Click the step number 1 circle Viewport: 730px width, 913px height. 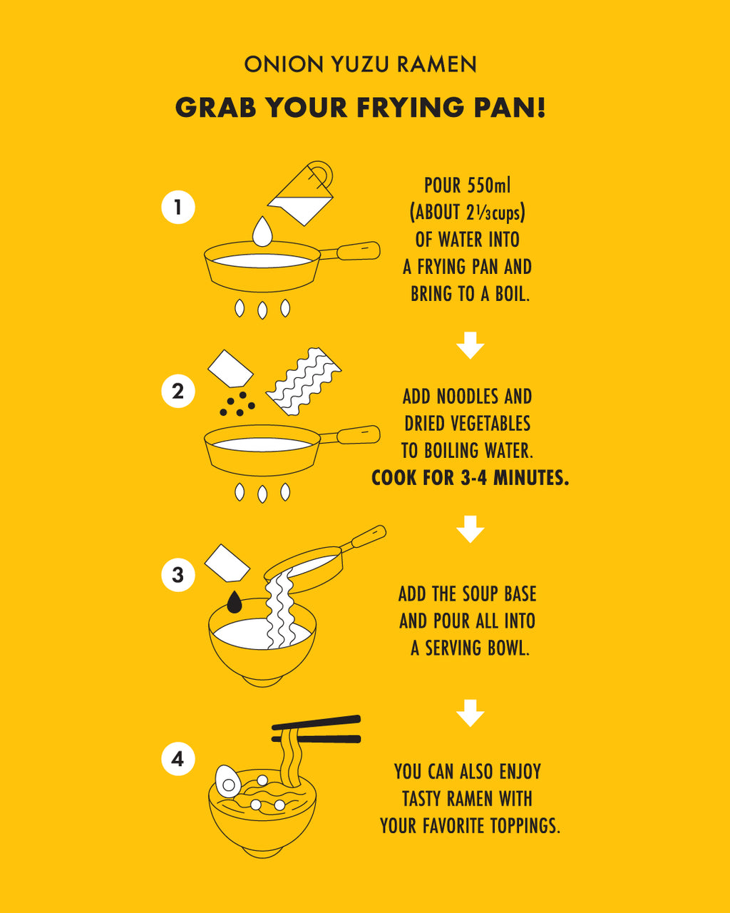coord(178,207)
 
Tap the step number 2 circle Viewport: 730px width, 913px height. coord(178,391)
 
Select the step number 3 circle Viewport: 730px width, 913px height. coord(178,575)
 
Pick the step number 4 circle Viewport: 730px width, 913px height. coord(178,758)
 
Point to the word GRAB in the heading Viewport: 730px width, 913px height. coord(215,107)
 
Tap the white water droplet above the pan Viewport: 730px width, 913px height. coord(262,231)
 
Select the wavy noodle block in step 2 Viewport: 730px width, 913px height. coord(304,382)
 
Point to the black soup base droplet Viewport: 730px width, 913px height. coord(234,602)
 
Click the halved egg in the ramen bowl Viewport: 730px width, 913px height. coord(228,781)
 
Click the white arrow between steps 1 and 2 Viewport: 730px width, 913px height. coord(471,345)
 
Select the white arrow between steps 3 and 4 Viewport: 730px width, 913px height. coord(471,713)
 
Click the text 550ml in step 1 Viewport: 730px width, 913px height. coord(488,185)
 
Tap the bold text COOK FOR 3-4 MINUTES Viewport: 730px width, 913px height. coord(470,478)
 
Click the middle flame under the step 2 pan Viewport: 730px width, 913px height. coord(262,494)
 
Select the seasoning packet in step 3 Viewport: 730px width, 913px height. coord(227,563)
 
